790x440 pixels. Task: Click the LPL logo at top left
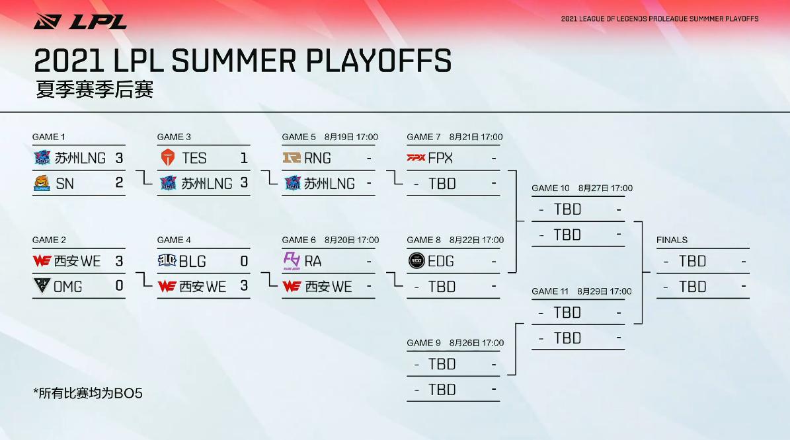pos(80,21)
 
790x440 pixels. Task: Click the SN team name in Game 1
pos(65,184)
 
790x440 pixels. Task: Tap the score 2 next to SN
pos(119,183)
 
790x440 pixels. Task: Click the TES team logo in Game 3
pos(167,158)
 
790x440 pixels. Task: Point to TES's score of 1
pos(244,158)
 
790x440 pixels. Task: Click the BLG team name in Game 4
pos(192,262)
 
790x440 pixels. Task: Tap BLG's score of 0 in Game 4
pos(244,262)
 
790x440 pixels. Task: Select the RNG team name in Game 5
pos(318,158)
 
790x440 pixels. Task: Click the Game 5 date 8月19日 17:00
pos(351,137)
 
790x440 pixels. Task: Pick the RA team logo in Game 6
pos(292,260)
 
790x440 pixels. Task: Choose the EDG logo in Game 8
pos(416,261)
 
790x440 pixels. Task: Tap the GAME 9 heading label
pos(424,343)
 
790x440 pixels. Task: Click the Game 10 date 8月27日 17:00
pos(605,188)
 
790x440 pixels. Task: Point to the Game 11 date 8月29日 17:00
pos(604,291)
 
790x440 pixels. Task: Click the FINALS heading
pos(672,240)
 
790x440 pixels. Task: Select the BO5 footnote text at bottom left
pos(88,394)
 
